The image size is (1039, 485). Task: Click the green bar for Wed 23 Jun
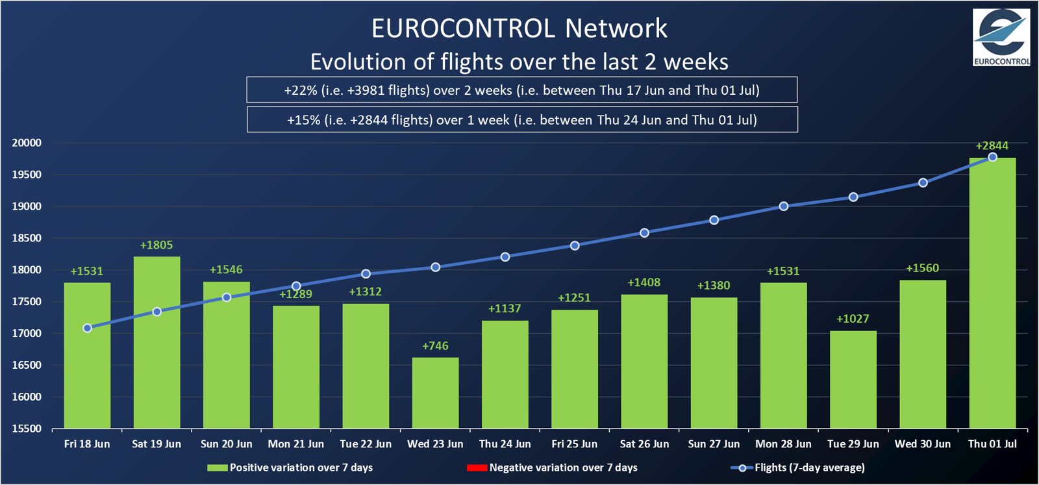click(x=435, y=393)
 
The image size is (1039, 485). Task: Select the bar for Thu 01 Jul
click(x=992, y=293)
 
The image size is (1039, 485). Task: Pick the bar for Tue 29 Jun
click(x=853, y=380)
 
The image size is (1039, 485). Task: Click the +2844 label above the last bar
click(x=992, y=145)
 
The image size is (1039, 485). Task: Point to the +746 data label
click(x=435, y=346)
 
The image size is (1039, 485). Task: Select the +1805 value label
click(x=156, y=245)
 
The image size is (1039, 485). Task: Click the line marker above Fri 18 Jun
click(x=87, y=329)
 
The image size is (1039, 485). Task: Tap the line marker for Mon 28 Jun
click(x=783, y=206)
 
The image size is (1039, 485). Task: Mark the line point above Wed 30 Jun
click(x=923, y=183)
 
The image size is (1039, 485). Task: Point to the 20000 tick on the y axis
click(x=27, y=143)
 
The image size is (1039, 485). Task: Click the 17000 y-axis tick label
click(x=27, y=334)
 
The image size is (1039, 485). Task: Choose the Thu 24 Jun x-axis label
click(x=505, y=444)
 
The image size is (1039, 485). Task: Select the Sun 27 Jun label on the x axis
click(x=714, y=444)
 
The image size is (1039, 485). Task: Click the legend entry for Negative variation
click(x=552, y=467)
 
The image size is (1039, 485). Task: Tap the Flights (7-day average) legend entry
click(x=798, y=467)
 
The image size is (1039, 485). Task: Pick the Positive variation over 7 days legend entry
click(x=290, y=467)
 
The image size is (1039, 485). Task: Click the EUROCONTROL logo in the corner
click(x=1001, y=38)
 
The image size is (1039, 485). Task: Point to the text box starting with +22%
click(x=521, y=90)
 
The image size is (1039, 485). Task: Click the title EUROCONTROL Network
click(x=519, y=29)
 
